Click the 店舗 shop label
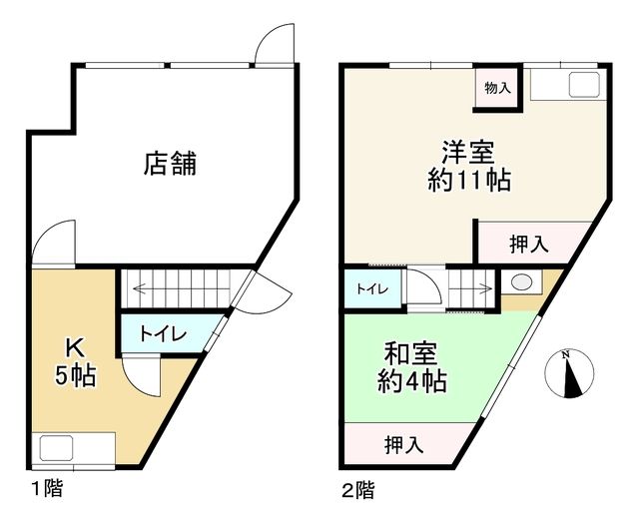(170, 164)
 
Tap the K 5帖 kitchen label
(76, 361)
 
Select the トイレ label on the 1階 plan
(163, 334)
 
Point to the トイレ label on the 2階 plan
(372, 288)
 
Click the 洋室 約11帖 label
(469, 167)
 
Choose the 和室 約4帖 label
(411, 368)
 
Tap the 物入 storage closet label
(497, 88)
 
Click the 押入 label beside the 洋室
(529, 245)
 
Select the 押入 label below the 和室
(403, 444)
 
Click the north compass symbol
(569, 373)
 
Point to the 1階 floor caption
(47, 489)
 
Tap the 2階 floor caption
(357, 490)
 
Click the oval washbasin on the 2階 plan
(519, 282)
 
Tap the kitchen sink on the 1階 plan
(57, 448)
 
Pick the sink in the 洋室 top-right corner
(584, 85)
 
